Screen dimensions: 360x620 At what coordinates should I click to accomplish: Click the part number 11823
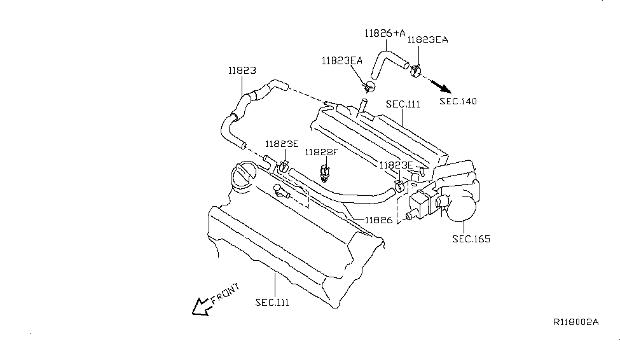tap(242, 71)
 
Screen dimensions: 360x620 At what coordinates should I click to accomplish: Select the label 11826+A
tap(385, 32)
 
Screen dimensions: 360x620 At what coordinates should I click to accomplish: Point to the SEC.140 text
tap(458, 101)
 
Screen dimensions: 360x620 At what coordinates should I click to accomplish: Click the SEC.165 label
tap(471, 239)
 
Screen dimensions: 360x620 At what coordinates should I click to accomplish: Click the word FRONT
tap(225, 295)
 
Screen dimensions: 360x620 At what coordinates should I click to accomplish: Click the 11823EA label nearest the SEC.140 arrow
tap(427, 39)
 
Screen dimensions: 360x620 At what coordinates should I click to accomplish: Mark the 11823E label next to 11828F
tap(281, 144)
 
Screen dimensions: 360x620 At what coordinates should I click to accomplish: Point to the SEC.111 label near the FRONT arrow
tap(272, 302)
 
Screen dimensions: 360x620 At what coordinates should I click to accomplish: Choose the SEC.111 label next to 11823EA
tap(403, 104)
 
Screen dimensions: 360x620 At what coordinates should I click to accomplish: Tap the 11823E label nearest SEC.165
tap(396, 165)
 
